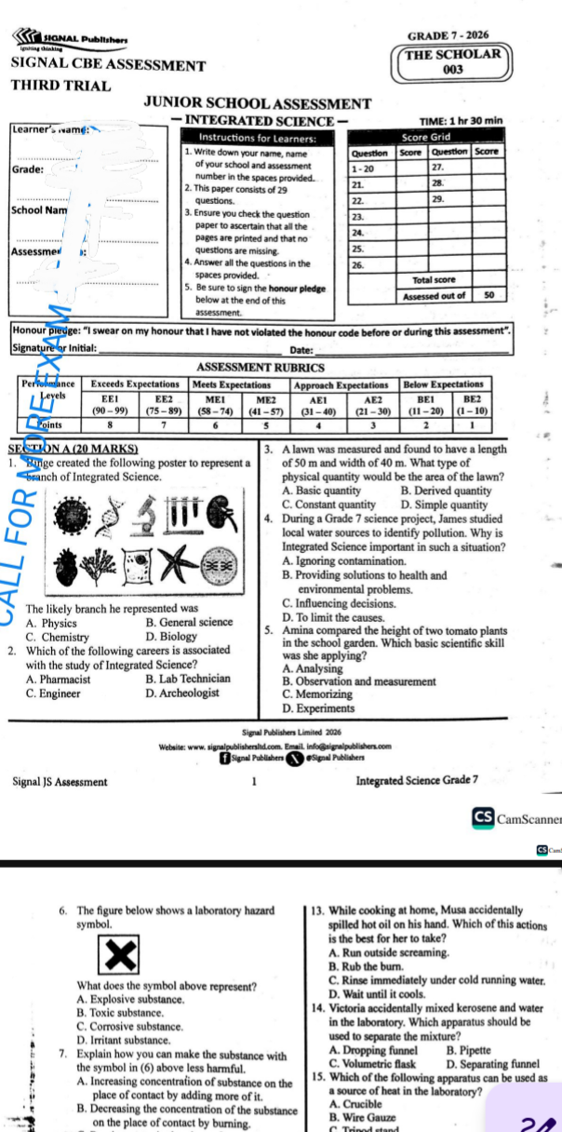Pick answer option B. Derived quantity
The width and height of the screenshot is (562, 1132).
coord(446,491)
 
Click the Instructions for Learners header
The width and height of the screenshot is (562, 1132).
coord(247,138)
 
